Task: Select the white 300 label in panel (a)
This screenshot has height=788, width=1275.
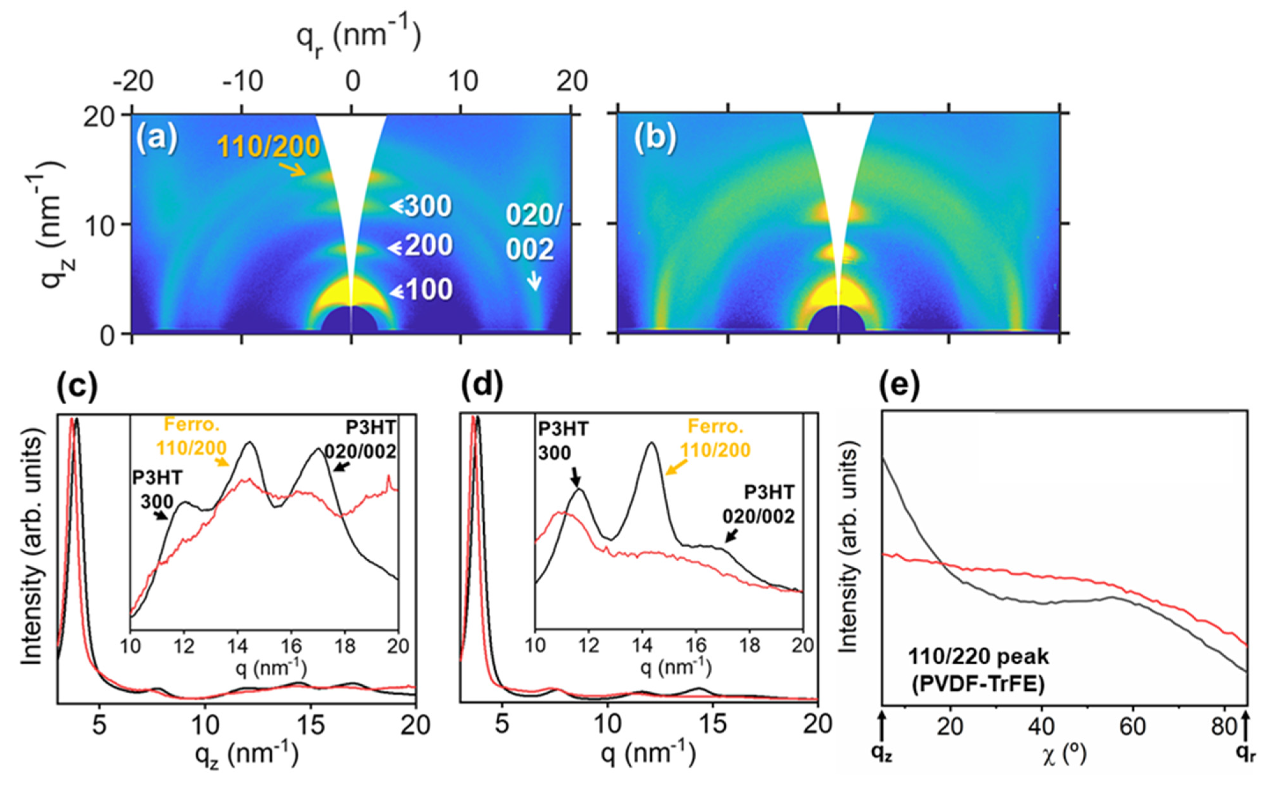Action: [428, 206]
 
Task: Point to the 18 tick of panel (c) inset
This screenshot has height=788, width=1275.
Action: [344, 646]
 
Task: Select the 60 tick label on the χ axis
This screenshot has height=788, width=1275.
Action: [1132, 726]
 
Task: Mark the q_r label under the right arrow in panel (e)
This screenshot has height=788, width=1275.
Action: [1245, 754]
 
